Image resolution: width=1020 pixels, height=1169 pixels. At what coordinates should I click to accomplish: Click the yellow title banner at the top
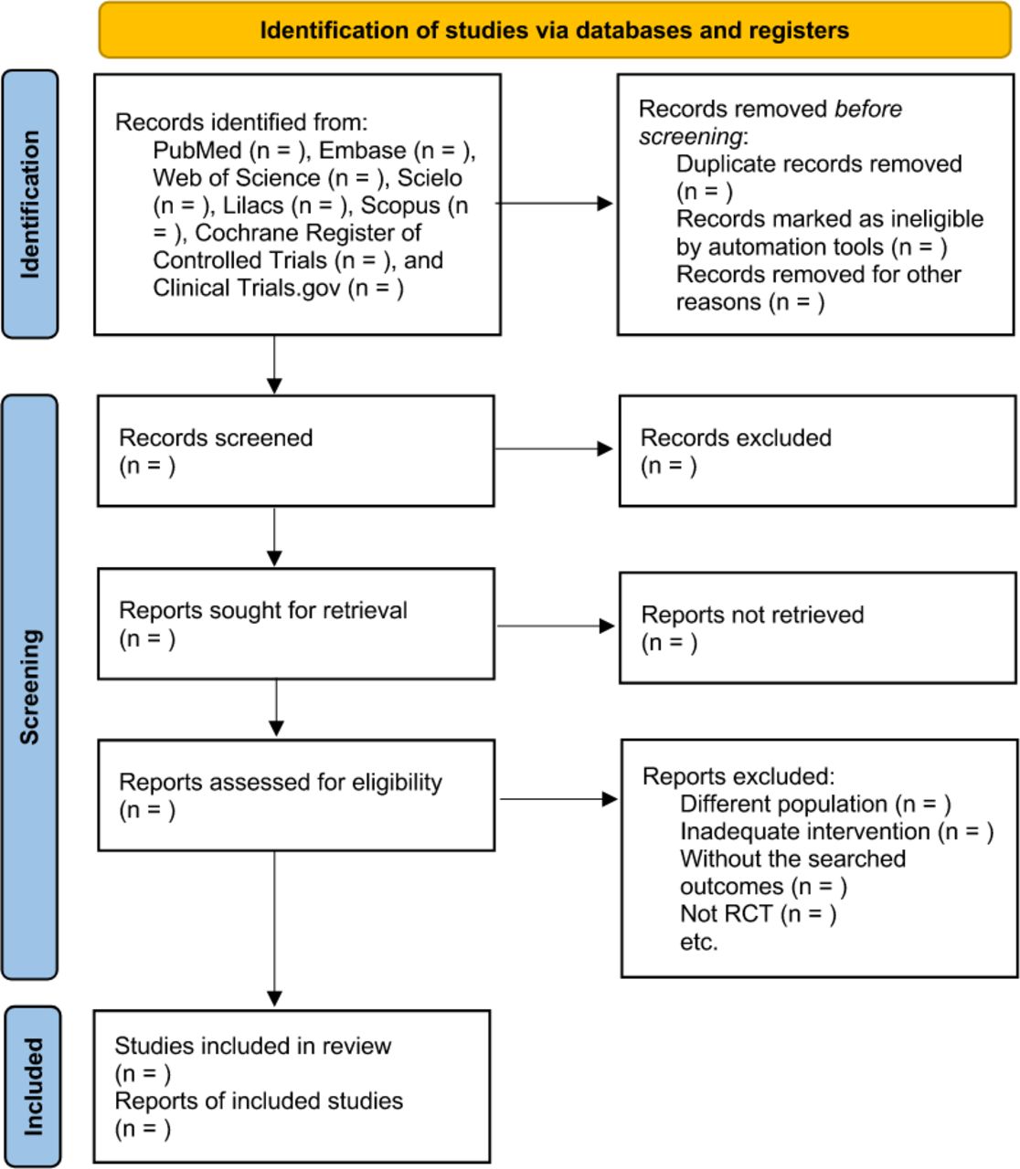tap(555, 30)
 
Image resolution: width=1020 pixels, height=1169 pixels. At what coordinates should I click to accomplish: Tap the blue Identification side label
tap(30, 204)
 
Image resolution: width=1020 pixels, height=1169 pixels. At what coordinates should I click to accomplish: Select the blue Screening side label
tap(30, 687)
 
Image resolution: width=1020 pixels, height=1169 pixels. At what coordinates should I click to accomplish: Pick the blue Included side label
tap(33, 1087)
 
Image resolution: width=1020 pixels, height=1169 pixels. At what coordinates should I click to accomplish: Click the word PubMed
tap(197, 151)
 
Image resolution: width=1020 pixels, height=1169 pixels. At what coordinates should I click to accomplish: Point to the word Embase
tap(362, 151)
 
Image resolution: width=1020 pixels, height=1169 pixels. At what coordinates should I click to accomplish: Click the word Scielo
tap(430, 178)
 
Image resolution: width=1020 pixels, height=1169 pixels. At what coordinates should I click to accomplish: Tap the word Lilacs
tap(252, 205)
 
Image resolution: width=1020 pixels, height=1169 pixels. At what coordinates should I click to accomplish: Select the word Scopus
tap(400, 205)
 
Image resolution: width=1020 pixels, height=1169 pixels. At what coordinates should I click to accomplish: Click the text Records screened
tap(216, 437)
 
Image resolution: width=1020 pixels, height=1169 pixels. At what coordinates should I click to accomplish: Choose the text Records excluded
tap(736, 437)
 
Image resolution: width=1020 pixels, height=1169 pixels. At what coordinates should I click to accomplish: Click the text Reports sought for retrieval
tap(263, 610)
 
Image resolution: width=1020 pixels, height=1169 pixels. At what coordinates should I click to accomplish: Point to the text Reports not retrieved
tap(752, 615)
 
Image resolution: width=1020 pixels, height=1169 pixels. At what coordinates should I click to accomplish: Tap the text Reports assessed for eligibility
tap(281, 782)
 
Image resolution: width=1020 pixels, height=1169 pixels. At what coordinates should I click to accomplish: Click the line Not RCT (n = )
tap(758, 913)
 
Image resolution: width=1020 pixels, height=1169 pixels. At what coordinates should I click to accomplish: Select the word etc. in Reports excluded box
tap(698, 942)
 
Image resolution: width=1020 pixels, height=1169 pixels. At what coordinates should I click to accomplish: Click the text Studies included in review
tap(252, 1046)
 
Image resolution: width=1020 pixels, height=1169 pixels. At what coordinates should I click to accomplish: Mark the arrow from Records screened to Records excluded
tap(554, 448)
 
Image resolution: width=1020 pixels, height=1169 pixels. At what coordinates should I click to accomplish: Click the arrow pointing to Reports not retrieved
tap(556, 626)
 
